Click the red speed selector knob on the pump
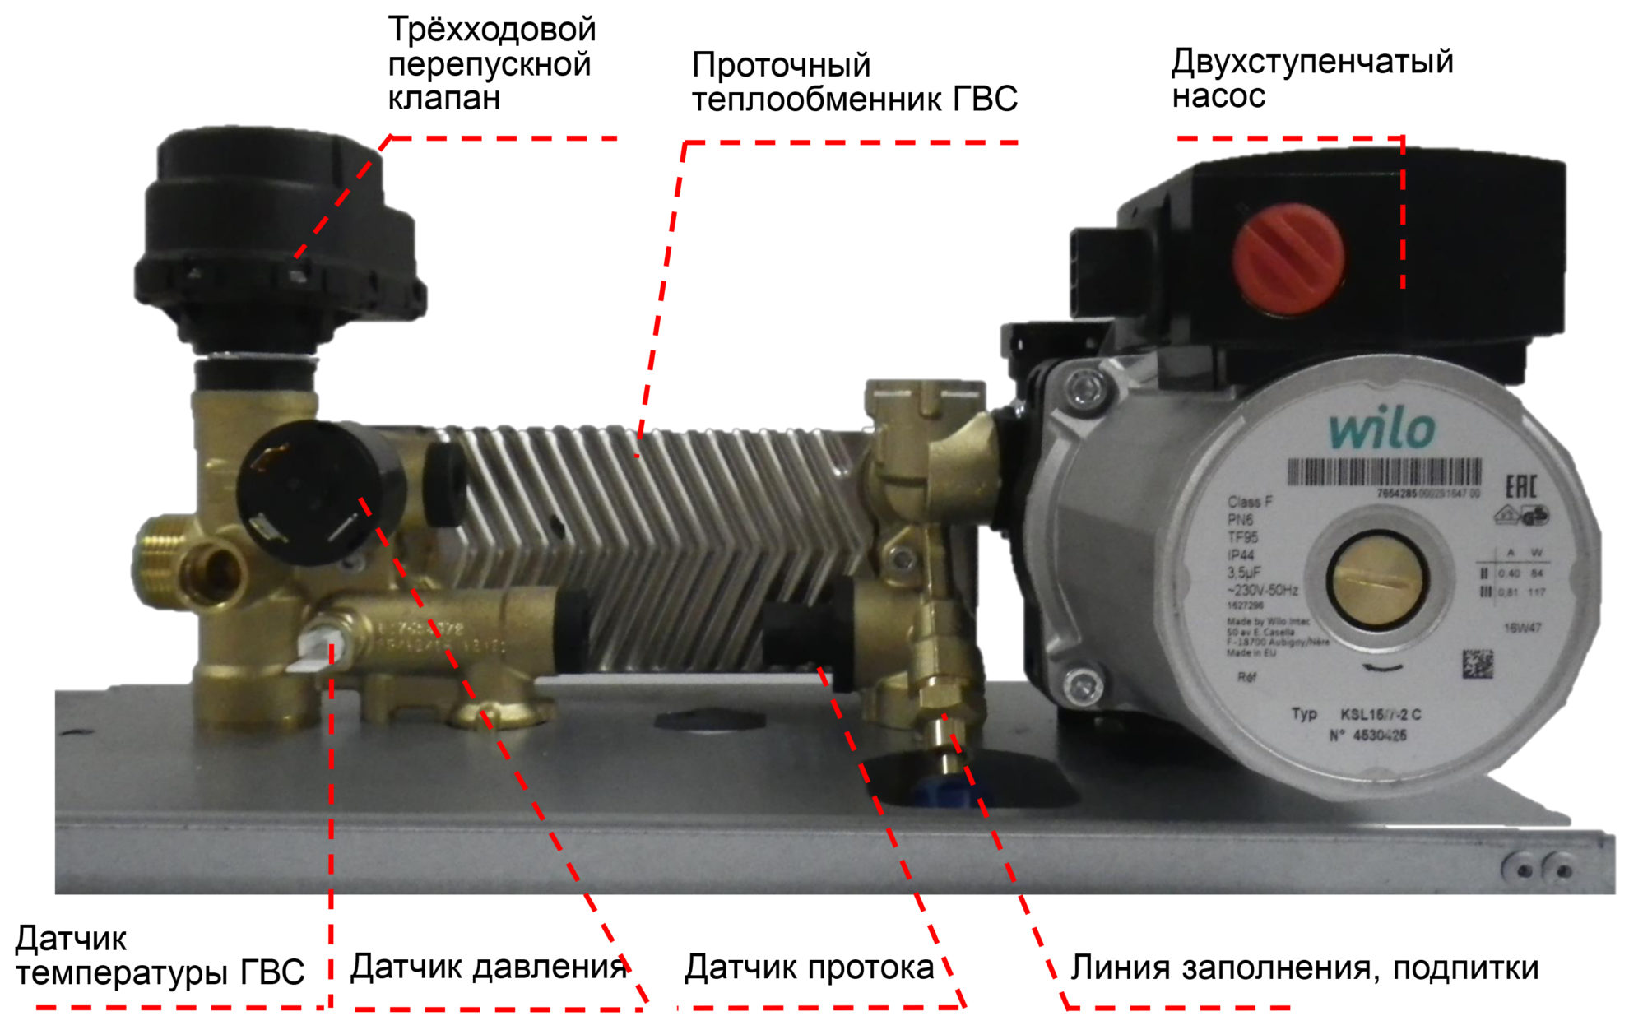coord(1288,258)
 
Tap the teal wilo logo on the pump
coord(1382,430)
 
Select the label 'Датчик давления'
coord(489,967)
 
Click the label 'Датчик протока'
coord(809,967)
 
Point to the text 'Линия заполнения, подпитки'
coord(1304,967)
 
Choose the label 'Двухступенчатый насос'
coord(1311,79)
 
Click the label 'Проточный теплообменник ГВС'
coord(854,82)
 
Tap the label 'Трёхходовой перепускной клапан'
coord(491,64)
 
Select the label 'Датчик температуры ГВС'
coord(160,956)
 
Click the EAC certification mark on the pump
coord(1520,485)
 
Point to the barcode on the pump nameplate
coord(1383,473)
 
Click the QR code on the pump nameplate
coord(1478,664)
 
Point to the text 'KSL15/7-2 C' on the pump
coord(1381,714)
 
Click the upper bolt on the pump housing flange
coord(1085,386)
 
